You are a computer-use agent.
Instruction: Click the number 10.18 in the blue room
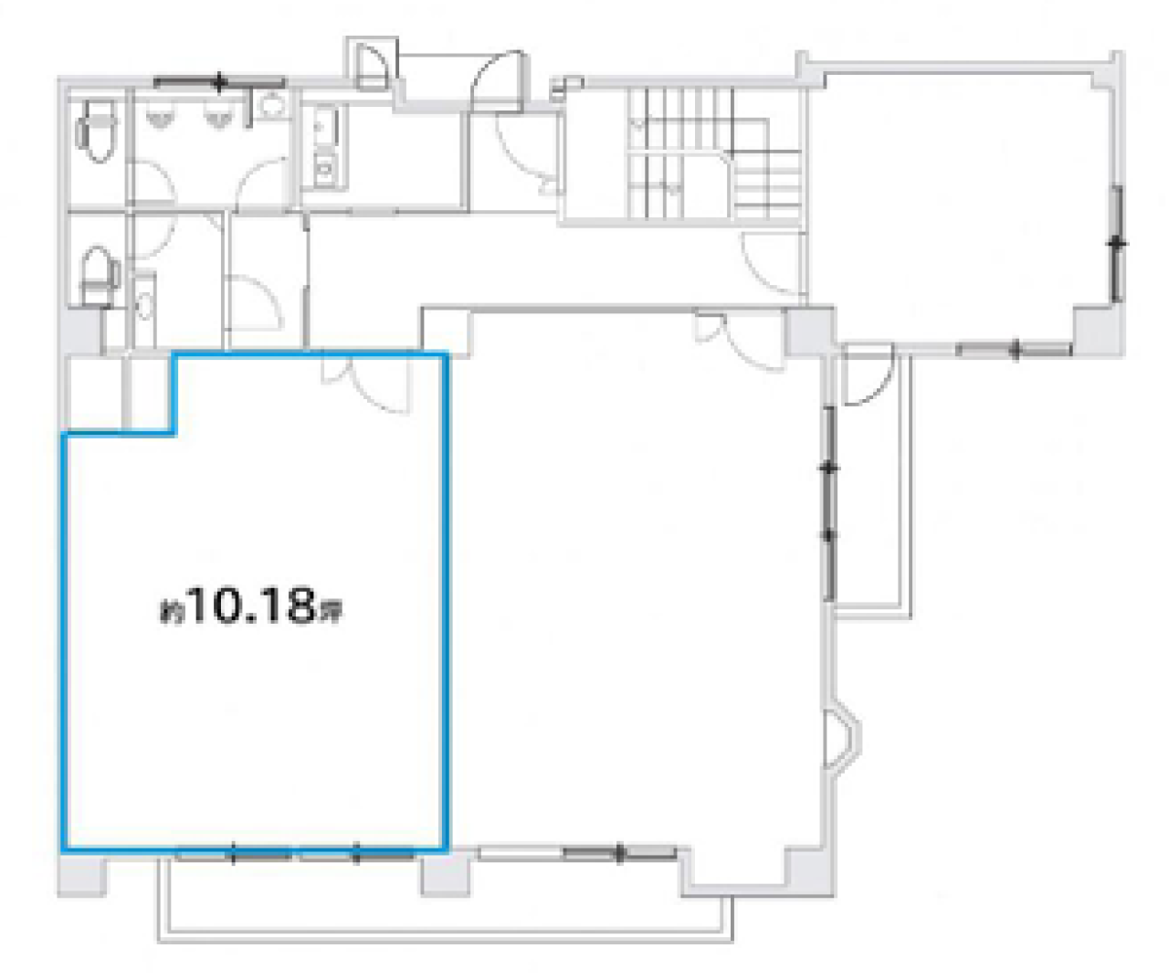(252, 606)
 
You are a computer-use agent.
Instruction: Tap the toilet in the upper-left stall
(97, 131)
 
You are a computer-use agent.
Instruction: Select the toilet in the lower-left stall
(100, 276)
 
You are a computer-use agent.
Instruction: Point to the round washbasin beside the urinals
(273, 104)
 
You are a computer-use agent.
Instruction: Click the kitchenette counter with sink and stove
(325, 147)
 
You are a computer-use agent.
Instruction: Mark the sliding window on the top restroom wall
(219, 83)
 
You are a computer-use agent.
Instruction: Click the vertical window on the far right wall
(1118, 244)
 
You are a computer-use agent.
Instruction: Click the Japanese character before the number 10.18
(172, 615)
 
